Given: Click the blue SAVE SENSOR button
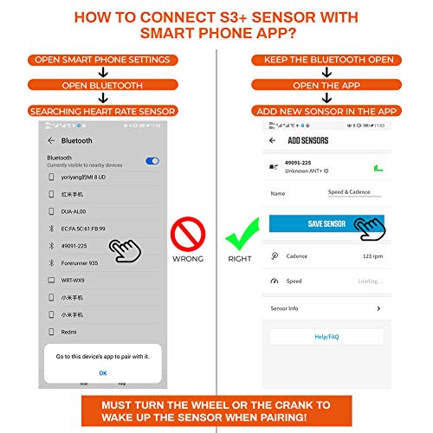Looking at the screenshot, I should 326,223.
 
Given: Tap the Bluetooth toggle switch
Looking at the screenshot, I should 152,161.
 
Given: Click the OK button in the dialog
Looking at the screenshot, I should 102,373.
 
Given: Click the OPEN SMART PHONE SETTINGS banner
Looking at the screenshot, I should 102,60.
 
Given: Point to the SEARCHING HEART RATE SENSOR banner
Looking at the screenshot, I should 102,111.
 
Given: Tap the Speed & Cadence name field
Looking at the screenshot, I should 354,193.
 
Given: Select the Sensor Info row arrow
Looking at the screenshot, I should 378,308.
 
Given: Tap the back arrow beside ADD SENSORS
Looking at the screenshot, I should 274,140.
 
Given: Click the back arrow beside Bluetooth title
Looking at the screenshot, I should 52,140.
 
